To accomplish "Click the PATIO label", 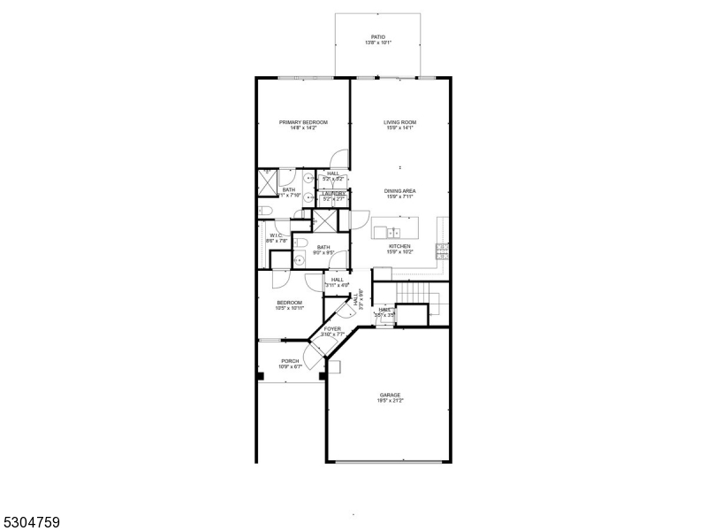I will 378,37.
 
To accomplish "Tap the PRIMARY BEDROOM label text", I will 303,122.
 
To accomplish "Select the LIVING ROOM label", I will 399,122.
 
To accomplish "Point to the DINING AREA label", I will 399,191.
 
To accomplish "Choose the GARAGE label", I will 391,395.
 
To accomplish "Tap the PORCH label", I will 290,361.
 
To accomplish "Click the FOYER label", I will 332,329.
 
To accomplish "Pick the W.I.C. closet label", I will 275,235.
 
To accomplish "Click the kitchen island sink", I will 382,232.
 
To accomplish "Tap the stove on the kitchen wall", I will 442,250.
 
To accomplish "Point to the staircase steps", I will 414,291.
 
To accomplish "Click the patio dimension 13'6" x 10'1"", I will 378,43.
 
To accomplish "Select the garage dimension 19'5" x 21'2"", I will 391,401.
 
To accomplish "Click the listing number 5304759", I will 31,522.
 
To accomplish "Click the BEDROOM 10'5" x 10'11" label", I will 289,303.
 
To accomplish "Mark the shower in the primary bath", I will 268,184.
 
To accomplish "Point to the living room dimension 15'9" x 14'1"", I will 399,128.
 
